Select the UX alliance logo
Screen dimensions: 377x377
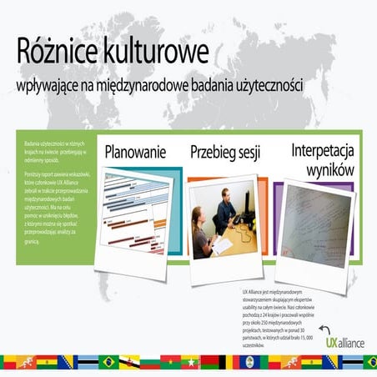[341, 342]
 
